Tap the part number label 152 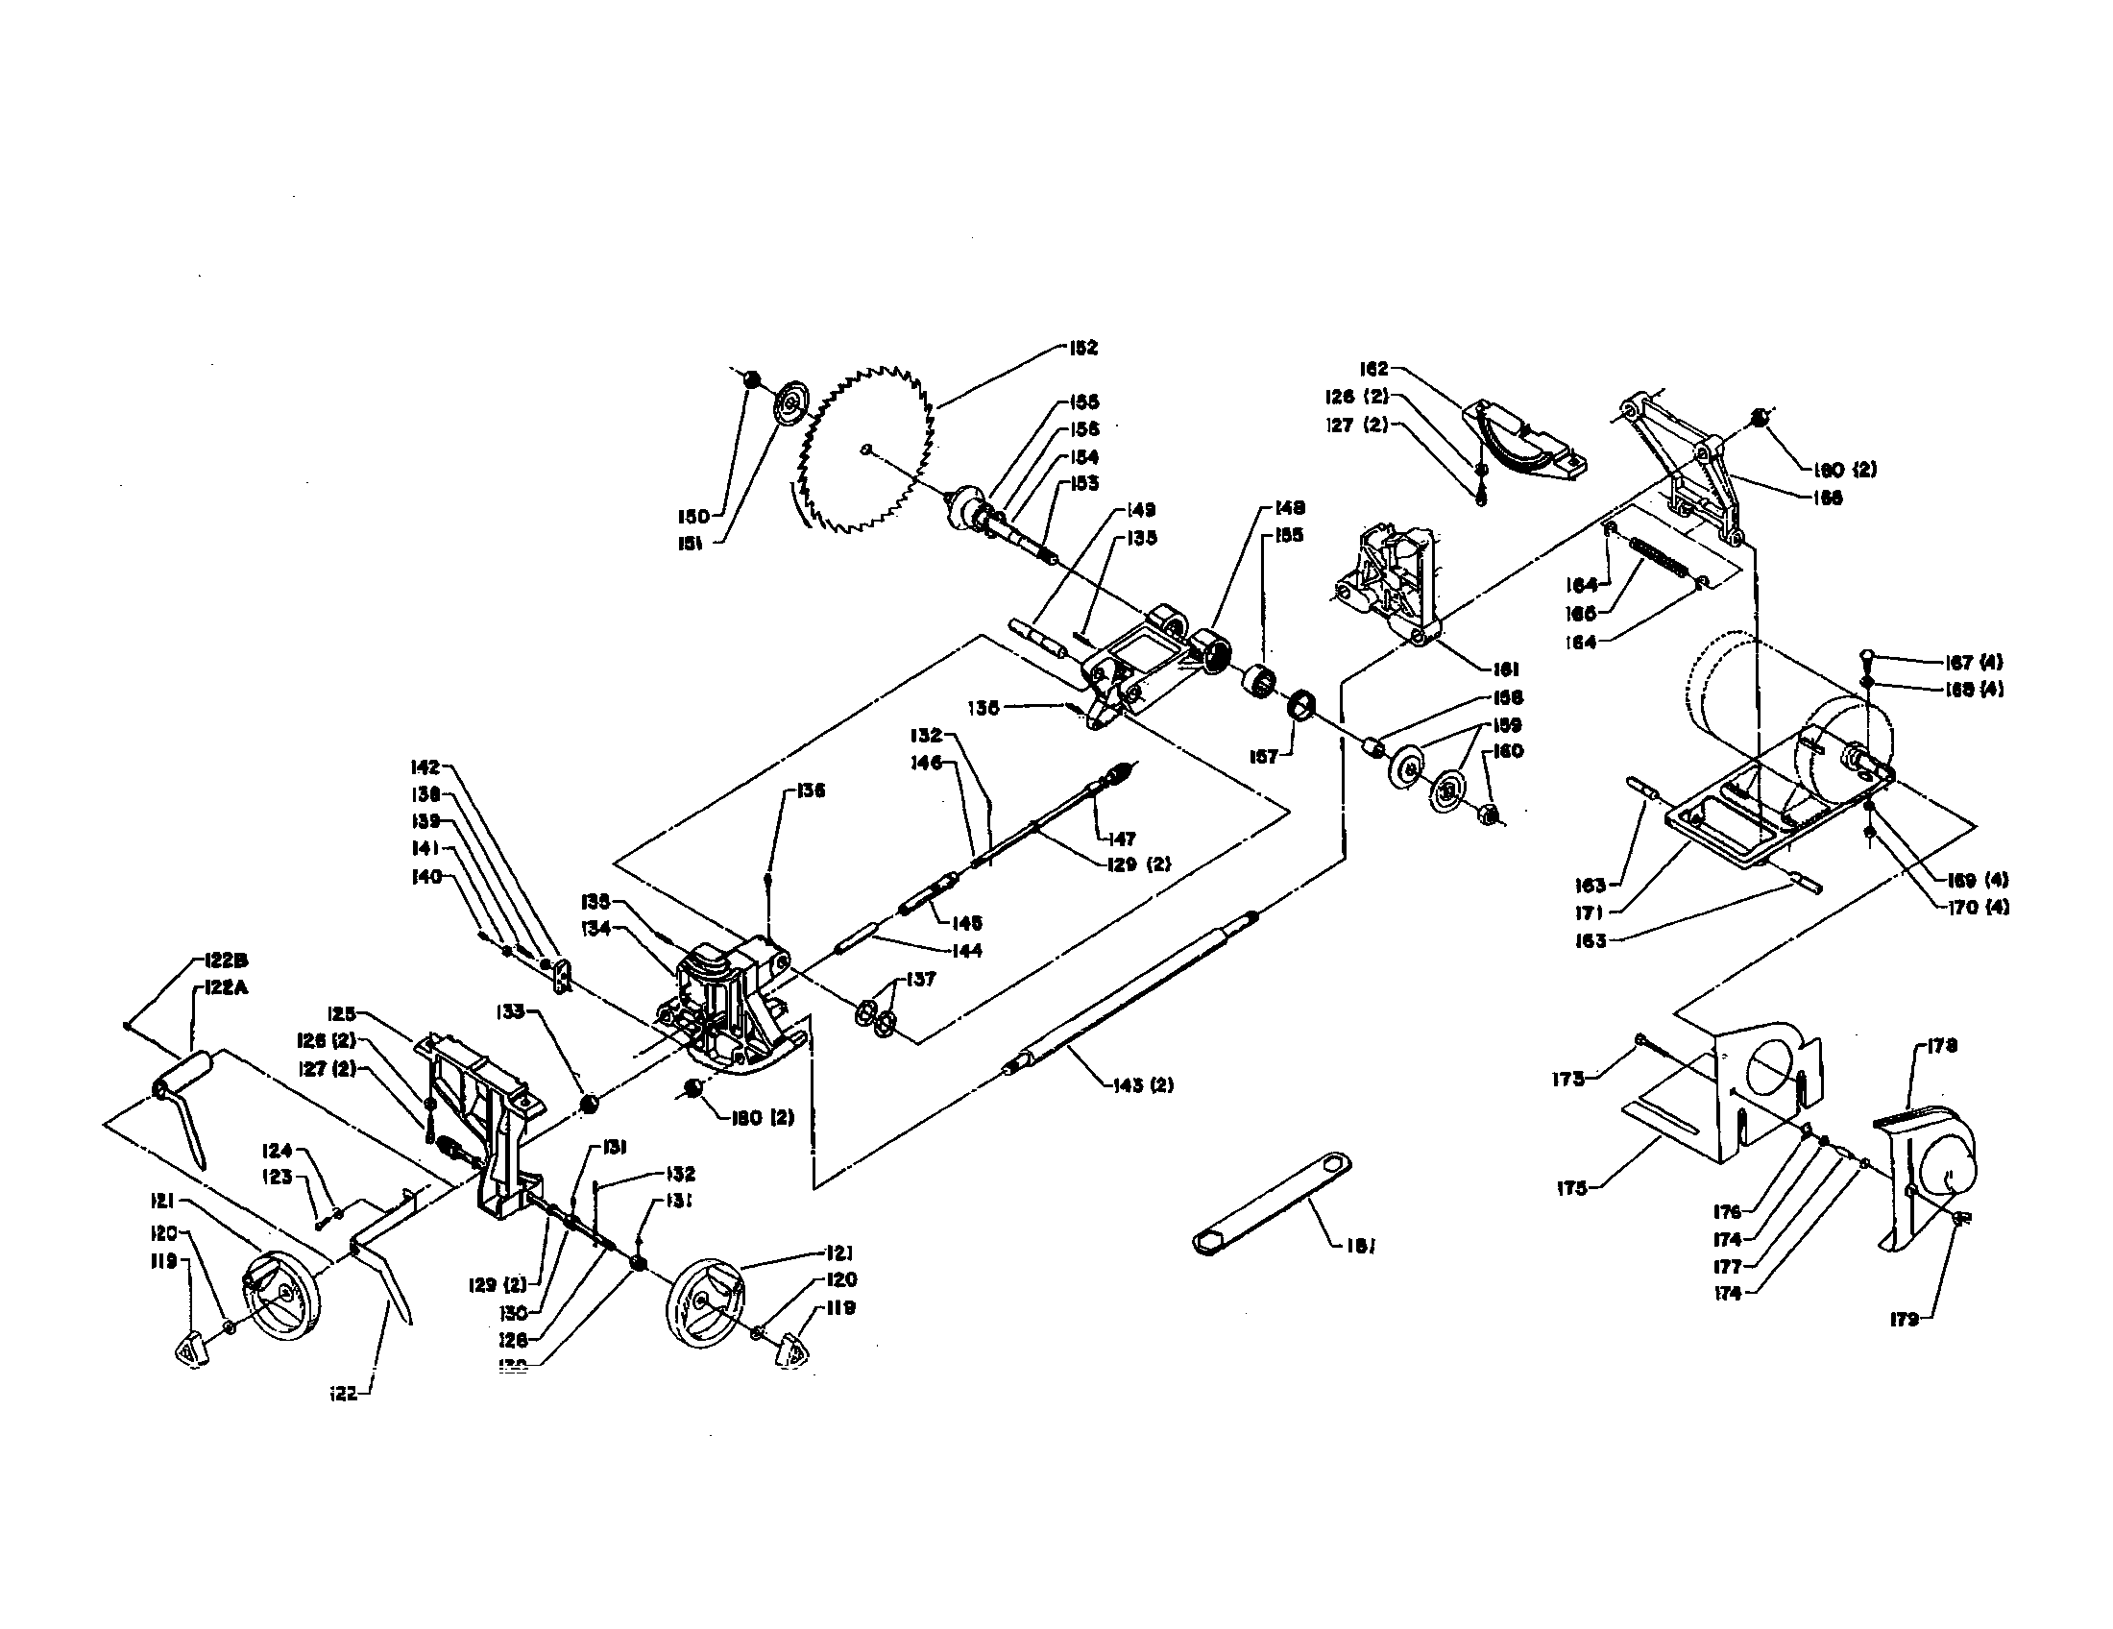1083,348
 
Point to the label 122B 227,960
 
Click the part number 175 1572,1189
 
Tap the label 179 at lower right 1904,1320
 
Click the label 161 1505,669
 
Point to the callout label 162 1373,369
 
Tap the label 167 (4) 1974,663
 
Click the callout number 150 692,516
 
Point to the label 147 1122,839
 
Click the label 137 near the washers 922,979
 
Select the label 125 342,1013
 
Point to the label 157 1264,757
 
